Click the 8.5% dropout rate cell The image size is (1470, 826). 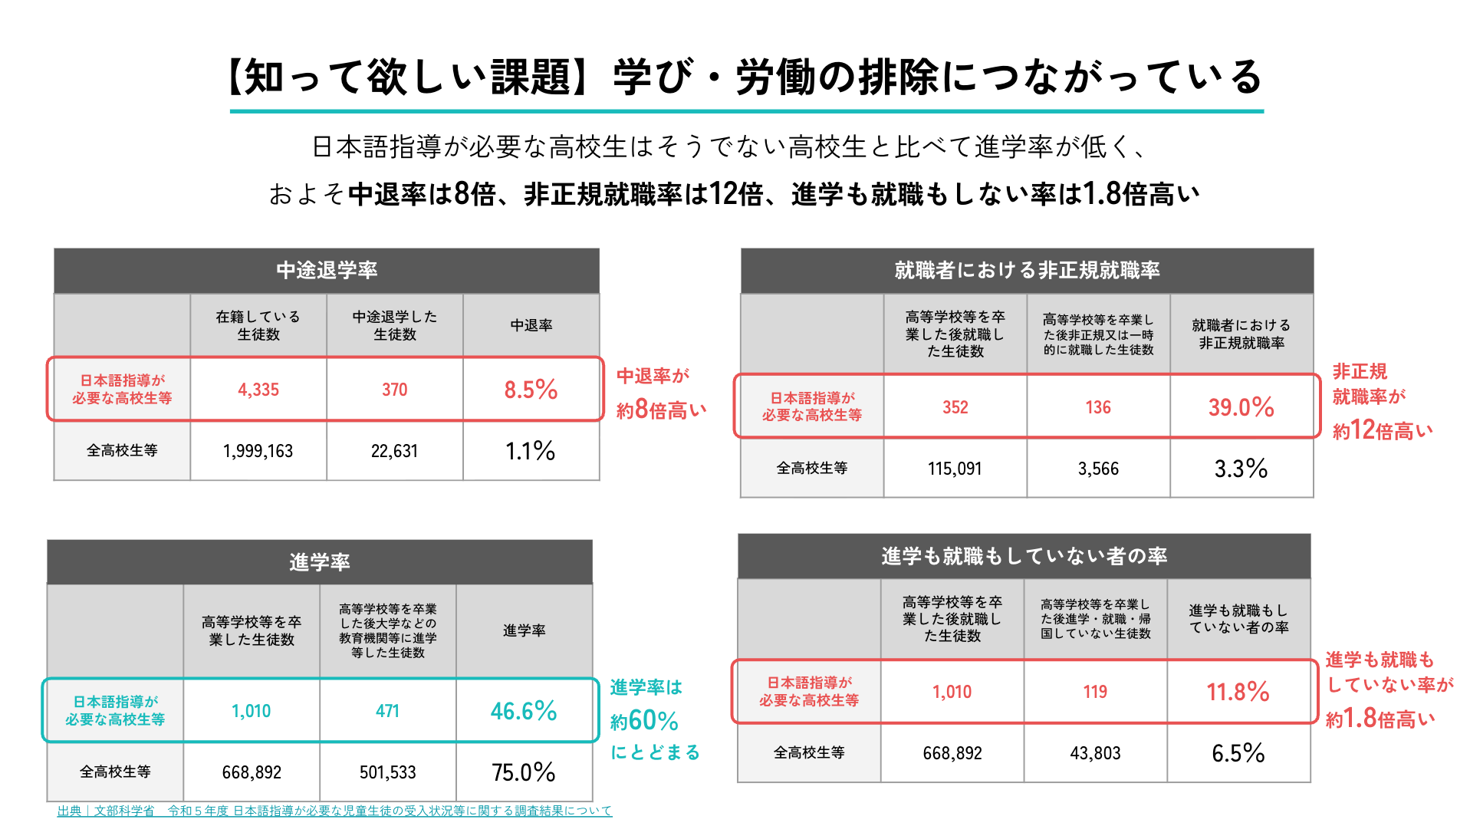tap(531, 390)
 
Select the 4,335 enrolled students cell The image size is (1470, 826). tap(258, 390)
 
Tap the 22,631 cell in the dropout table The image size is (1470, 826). tap(394, 451)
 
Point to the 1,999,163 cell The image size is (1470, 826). tap(258, 451)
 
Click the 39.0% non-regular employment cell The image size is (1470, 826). tap(1241, 407)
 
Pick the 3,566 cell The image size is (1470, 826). tap(1098, 469)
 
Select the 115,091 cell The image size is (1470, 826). tap(955, 469)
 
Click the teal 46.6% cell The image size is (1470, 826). tap(524, 711)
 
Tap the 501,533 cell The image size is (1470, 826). tap(387, 772)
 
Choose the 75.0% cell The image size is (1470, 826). tap(524, 772)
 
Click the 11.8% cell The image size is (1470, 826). tap(1238, 692)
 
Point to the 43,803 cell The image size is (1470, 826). tap(1095, 753)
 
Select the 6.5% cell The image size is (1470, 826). tap(1238, 753)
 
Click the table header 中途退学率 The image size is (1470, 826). tap(327, 270)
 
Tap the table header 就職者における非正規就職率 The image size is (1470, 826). tap(1027, 270)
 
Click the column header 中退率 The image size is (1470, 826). tap(531, 325)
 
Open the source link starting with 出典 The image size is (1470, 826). tap(334, 811)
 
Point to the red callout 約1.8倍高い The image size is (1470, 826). tap(1380, 719)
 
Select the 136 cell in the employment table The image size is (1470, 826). tap(1098, 407)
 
